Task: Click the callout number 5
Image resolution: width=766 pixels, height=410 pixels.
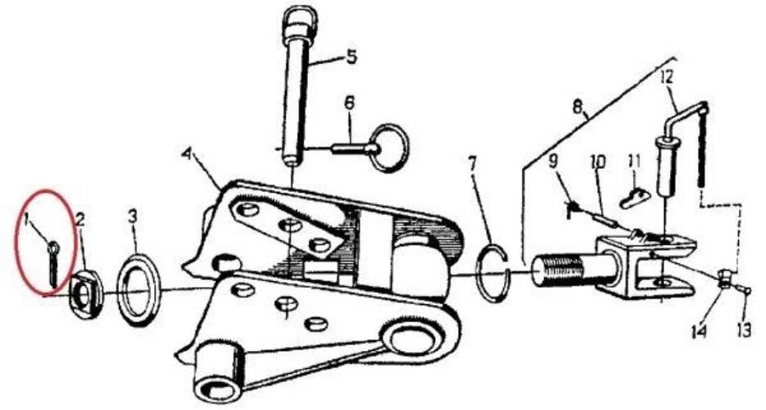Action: pos(351,57)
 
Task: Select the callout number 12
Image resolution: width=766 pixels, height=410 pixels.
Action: pos(667,76)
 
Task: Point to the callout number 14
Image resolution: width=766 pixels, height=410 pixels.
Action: pos(699,331)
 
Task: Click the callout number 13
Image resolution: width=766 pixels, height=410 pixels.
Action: pos(744,331)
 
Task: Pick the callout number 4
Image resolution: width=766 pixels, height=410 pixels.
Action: pos(186,154)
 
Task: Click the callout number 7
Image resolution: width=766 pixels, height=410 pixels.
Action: pos(472,165)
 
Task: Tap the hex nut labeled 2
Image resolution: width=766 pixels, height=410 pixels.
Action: pos(87,294)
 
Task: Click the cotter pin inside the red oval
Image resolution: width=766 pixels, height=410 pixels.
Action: pos(53,264)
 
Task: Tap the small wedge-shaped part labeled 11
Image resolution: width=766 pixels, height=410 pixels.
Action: pos(634,198)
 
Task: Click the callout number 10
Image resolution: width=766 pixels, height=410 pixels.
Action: pos(598,162)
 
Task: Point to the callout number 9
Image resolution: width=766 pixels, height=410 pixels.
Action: pos(553,162)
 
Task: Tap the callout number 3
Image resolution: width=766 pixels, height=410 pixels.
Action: pos(133,217)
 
